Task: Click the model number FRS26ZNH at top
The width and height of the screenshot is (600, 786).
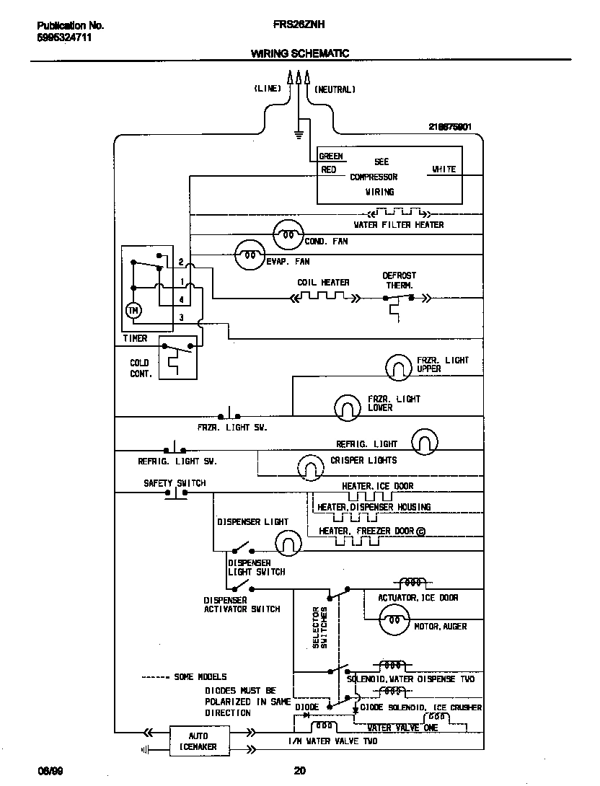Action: click(x=299, y=25)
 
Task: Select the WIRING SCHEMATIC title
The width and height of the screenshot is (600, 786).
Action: click(x=299, y=53)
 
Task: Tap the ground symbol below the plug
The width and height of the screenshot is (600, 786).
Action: click(x=297, y=133)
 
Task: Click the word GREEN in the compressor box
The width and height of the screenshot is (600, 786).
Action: click(x=331, y=156)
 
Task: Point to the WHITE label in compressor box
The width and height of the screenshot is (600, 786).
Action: click(x=444, y=169)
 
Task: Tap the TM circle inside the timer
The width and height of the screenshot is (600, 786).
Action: click(x=133, y=310)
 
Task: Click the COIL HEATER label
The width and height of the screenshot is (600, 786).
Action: click(x=323, y=283)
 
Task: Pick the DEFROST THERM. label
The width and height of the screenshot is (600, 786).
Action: click(x=399, y=281)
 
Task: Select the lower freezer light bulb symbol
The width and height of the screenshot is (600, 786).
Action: click(x=348, y=407)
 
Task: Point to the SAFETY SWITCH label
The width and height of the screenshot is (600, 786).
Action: click(x=175, y=483)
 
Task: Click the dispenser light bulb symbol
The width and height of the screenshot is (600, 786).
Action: click(x=288, y=542)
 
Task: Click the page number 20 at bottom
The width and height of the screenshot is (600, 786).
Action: click(x=299, y=771)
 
